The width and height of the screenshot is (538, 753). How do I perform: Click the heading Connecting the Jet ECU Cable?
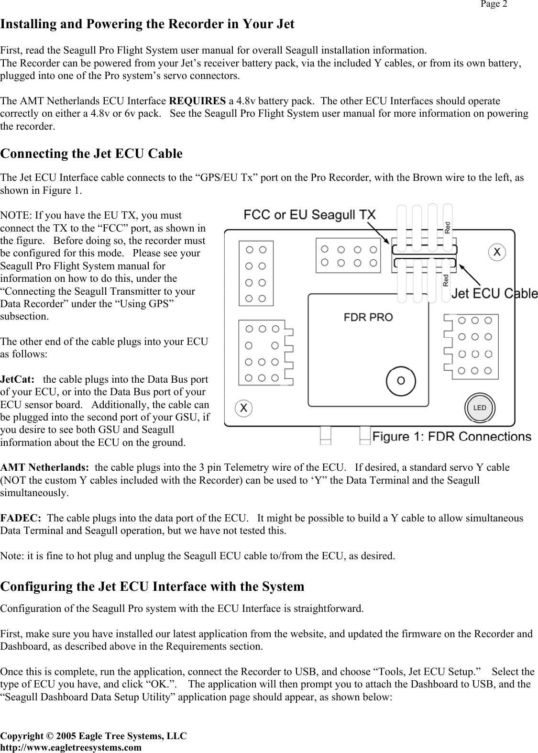[91, 154]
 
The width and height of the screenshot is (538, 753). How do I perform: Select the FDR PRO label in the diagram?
[368, 317]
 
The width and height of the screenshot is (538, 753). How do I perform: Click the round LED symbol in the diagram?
[479, 408]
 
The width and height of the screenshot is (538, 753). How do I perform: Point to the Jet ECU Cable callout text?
[495, 293]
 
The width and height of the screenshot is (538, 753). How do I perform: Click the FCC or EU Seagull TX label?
[310, 214]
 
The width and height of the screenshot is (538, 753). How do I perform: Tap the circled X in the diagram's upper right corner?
[497, 252]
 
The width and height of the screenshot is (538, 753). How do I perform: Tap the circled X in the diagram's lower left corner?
[244, 408]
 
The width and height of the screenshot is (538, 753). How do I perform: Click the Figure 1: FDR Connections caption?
[451, 436]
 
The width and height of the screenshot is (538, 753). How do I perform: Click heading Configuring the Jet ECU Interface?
[152, 587]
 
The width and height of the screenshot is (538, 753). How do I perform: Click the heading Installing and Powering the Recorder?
[147, 24]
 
